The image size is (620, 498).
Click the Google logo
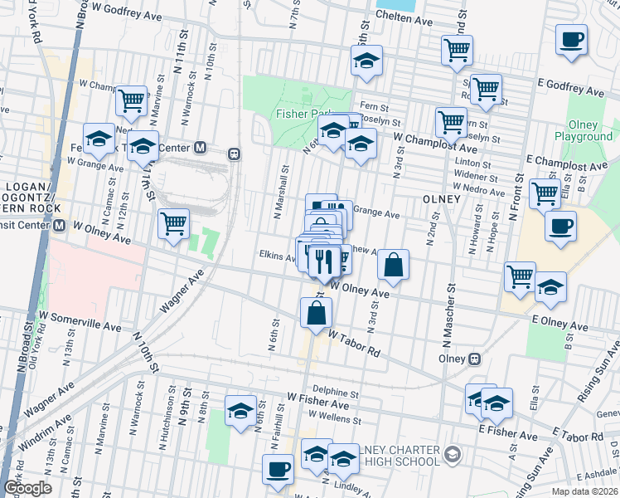click(27, 488)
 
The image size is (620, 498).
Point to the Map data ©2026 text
click(584, 491)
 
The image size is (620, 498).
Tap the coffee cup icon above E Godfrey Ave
click(571, 39)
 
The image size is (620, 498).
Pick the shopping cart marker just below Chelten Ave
click(457, 49)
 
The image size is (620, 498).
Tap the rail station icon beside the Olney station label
click(475, 359)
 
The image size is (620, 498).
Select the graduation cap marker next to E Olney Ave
click(550, 286)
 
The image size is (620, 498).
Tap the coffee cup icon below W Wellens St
click(278, 469)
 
